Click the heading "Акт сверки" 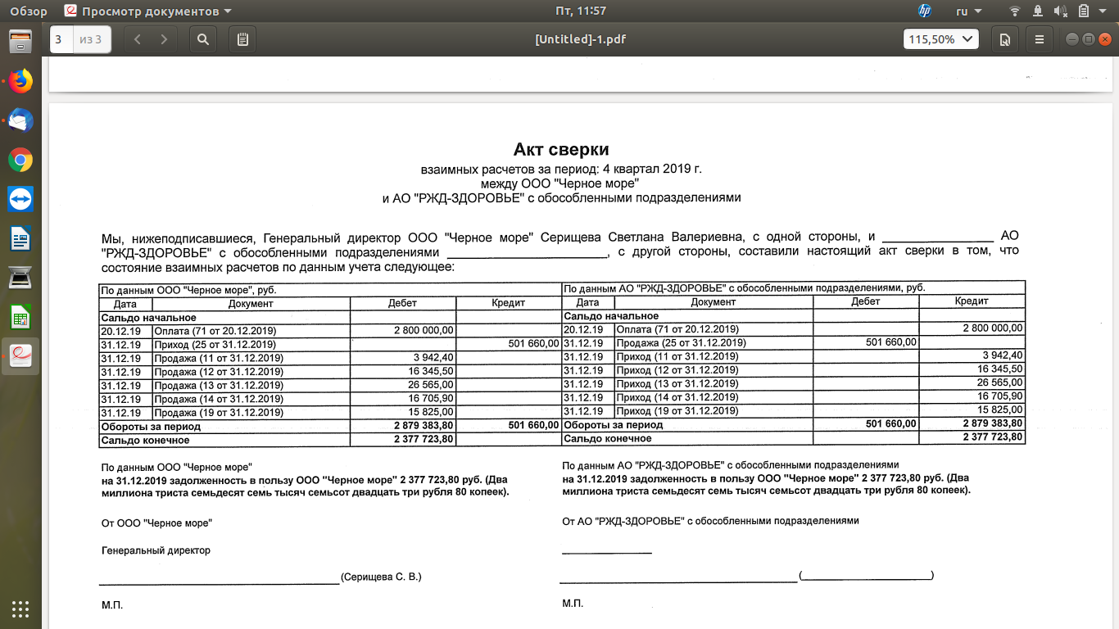coord(561,149)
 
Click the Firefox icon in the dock coord(20,80)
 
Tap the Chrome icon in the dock coord(20,160)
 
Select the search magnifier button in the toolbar coord(203,38)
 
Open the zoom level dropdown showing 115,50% coord(941,38)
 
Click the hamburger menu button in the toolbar coord(1040,38)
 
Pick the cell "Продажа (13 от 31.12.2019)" coord(218,385)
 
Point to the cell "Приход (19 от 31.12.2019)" coord(677,410)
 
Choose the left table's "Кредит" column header coord(508,303)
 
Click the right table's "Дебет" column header coord(865,301)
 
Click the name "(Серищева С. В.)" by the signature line coord(381,577)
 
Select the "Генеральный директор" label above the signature coord(156,550)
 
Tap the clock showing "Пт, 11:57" coord(581,11)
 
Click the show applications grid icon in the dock coord(20,609)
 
